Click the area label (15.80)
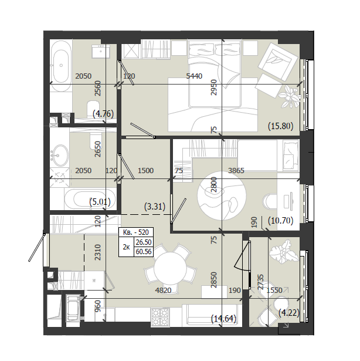tap(281, 126)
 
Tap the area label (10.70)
tap(281, 221)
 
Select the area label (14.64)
tap(223, 318)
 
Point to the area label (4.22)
tap(289, 313)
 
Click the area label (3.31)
tap(155, 206)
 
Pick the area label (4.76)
tap(103, 114)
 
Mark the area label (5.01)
tap(100, 202)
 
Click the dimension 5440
tap(194, 76)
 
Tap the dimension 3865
tap(236, 171)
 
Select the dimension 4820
tap(164, 291)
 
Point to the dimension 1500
tap(145, 171)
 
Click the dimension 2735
tap(261, 282)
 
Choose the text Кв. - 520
tap(136, 232)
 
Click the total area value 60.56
tap(144, 252)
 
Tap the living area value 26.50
tap(144, 242)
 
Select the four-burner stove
tap(160, 317)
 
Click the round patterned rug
tap(222, 195)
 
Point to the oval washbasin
tap(60, 155)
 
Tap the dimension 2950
tap(213, 87)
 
